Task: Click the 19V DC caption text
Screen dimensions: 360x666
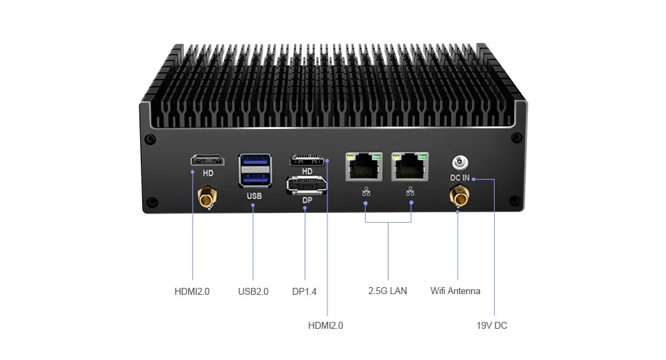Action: pyautogui.click(x=491, y=325)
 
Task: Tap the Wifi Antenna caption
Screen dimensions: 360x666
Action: pyautogui.click(x=455, y=291)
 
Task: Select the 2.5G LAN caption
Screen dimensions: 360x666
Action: pyautogui.click(x=387, y=291)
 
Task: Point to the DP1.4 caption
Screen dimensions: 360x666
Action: pyautogui.click(x=305, y=291)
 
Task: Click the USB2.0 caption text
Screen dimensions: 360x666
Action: pyautogui.click(x=253, y=291)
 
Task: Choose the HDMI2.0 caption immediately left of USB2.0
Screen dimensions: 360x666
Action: pyautogui.click(x=192, y=291)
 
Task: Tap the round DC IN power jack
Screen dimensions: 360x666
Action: pyautogui.click(x=459, y=163)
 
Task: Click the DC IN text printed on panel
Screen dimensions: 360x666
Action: pyautogui.click(x=459, y=178)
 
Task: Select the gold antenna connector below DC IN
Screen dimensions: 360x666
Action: pyautogui.click(x=459, y=200)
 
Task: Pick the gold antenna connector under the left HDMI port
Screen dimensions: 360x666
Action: pyautogui.click(x=207, y=200)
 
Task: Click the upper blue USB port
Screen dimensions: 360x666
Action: pyautogui.click(x=253, y=164)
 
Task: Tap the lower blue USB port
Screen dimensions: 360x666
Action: pyautogui.click(x=253, y=179)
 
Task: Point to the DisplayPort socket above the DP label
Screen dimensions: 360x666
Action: pyautogui.click(x=306, y=185)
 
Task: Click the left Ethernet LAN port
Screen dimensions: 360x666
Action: pyautogui.click(x=366, y=167)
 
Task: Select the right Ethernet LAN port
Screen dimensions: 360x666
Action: pyautogui.click(x=411, y=167)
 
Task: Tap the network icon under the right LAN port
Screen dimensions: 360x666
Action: pyautogui.click(x=411, y=192)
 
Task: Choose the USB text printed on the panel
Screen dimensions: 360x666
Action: pyautogui.click(x=254, y=196)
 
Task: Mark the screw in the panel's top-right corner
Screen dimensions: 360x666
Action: pyautogui.click(x=516, y=137)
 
